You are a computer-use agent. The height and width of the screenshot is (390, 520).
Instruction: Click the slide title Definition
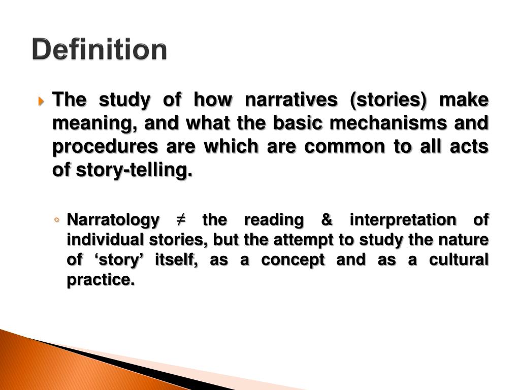point(100,50)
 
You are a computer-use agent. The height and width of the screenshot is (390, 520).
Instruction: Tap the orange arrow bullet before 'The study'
point(42,100)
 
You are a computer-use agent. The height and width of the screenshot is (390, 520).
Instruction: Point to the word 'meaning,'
point(90,123)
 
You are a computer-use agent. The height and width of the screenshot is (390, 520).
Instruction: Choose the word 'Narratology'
point(113,220)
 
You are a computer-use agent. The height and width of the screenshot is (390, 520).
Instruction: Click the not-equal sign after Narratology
point(180,220)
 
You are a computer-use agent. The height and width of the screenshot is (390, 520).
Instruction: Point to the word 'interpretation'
point(402,220)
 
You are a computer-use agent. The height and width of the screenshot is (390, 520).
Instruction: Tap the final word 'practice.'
point(101,279)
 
